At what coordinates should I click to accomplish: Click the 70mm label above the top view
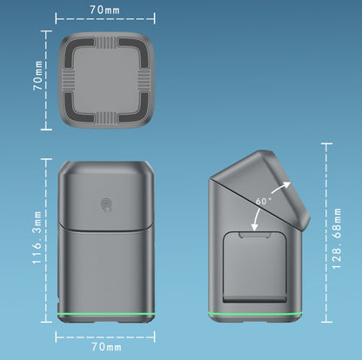(104, 10)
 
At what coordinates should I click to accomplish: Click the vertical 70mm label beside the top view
(37, 76)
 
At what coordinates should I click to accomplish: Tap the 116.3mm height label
(37, 237)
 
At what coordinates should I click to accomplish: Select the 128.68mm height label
(337, 239)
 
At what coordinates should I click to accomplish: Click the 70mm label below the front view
(106, 347)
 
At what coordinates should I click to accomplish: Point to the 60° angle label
(264, 201)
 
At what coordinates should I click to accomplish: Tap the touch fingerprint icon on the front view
(106, 205)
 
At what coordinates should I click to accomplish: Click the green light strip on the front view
(106, 314)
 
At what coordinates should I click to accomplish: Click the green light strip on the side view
(255, 314)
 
